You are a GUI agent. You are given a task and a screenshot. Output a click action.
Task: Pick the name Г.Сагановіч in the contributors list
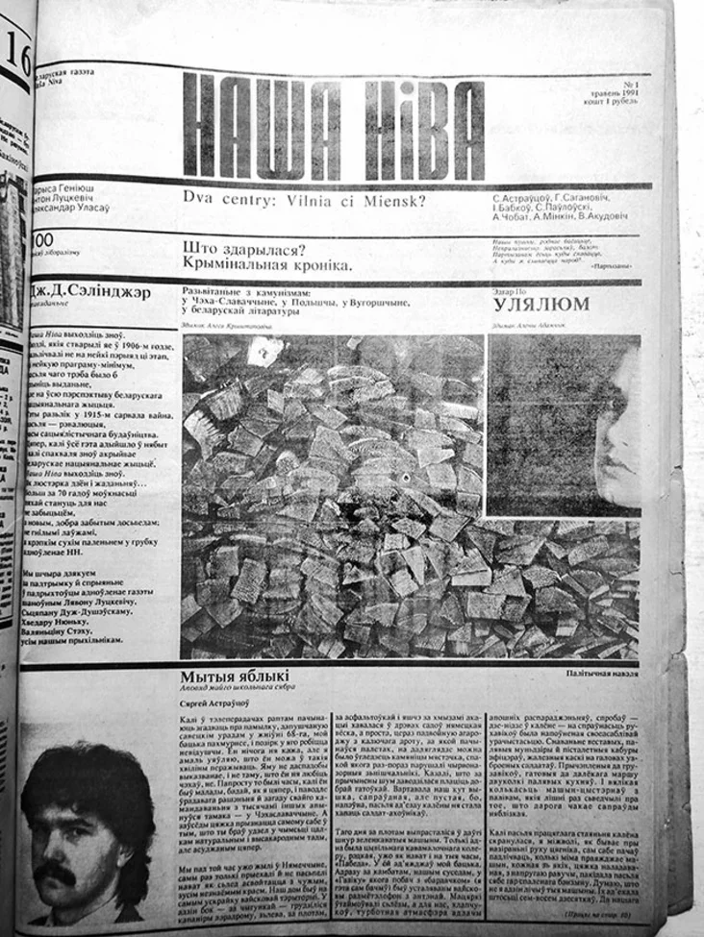(597, 196)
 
